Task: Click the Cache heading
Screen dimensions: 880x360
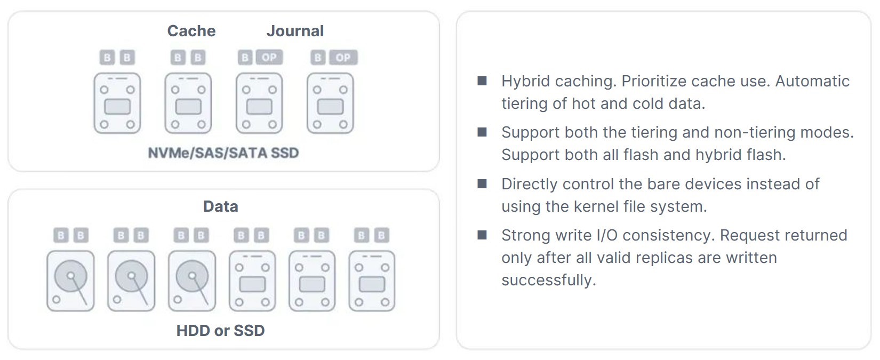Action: [x=191, y=31]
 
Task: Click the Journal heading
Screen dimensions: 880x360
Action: [x=295, y=31]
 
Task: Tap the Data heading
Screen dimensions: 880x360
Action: [x=220, y=206]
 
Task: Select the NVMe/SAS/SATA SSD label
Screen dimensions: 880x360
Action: [x=223, y=153]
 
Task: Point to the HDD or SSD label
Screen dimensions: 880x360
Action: [x=220, y=331]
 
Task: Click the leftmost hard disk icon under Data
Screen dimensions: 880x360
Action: [x=71, y=281]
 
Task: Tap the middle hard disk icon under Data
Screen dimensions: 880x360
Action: [x=131, y=281]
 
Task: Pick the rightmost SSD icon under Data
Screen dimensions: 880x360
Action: [x=372, y=281]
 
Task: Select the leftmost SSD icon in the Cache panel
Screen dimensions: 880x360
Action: [x=117, y=103]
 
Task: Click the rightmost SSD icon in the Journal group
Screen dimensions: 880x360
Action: [x=330, y=103]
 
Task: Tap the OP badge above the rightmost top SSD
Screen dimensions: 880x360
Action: [x=343, y=58]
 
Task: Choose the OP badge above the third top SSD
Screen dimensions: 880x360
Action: [x=269, y=58]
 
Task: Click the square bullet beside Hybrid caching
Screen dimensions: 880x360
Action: [x=482, y=81]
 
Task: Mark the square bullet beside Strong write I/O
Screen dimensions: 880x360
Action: [x=482, y=235]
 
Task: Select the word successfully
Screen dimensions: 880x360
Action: [x=548, y=280]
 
